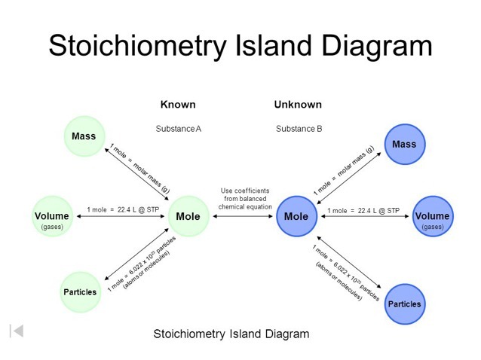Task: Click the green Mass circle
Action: tap(84, 136)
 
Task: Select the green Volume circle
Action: tap(52, 217)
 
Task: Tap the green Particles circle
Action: tap(80, 291)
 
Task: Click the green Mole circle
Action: tap(188, 217)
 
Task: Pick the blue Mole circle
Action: tap(296, 217)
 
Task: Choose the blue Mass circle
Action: tap(404, 144)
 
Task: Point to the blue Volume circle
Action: tap(433, 217)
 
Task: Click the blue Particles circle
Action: tap(404, 304)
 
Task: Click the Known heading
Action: tap(178, 105)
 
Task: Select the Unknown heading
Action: tap(297, 105)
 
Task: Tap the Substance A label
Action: tap(178, 129)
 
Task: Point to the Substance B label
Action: tap(299, 129)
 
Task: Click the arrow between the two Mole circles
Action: tap(243, 217)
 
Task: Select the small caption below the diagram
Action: tap(231, 334)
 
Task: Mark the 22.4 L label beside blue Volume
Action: tap(363, 210)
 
